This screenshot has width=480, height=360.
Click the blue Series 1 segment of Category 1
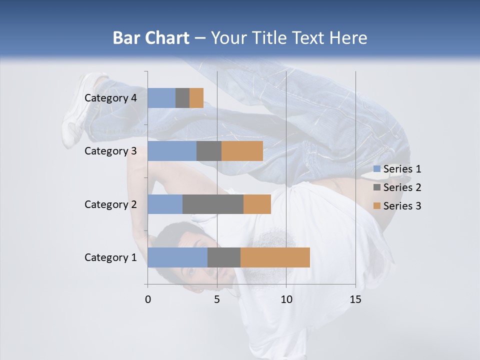177,257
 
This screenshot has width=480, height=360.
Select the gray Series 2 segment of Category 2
213,204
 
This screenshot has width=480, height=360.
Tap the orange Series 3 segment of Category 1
275,257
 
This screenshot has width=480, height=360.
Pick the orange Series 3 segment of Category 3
242,151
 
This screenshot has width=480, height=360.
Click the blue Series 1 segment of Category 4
161,98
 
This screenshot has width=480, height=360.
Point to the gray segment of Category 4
182,98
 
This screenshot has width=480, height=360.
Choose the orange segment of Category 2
257,204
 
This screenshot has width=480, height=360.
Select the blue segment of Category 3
172,151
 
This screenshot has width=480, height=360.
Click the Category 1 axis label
110,257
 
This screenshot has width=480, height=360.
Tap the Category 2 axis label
110,204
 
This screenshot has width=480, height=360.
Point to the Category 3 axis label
110,151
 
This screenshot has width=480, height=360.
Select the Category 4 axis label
110,98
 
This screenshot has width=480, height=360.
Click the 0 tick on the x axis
148,299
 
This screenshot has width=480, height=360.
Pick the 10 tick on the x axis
286,299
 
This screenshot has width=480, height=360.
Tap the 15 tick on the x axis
355,299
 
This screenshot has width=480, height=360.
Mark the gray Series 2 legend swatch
376,187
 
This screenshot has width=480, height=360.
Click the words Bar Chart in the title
151,38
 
